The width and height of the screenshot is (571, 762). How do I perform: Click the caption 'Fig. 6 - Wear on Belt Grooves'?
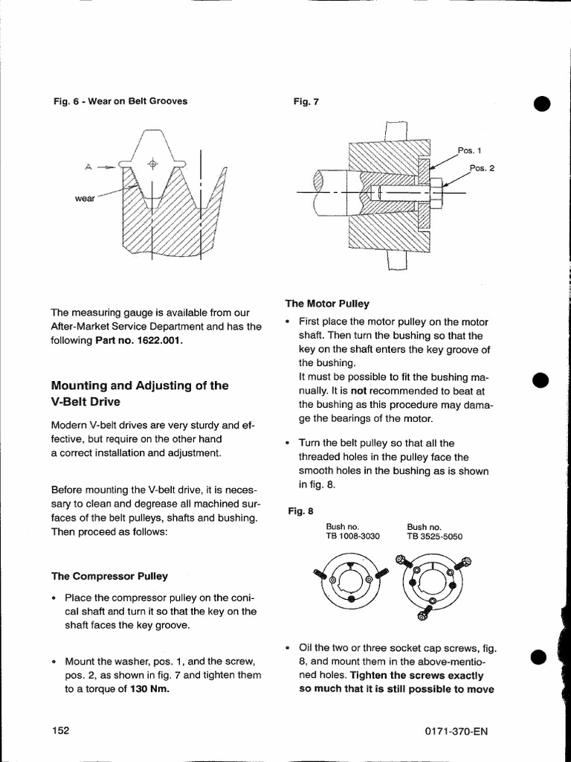[x=119, y=101]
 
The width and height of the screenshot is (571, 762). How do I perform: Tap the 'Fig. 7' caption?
[x=306, y=101]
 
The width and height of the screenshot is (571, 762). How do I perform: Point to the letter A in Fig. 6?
[x=88, y=167]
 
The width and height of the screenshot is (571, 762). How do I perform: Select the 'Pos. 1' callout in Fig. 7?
[x=471, y=150]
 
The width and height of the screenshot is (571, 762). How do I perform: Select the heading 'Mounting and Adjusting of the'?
[x=139, y=385]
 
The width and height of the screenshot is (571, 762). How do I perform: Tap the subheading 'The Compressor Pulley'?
[x=109, y=576]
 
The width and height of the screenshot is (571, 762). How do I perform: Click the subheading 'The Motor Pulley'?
[x=327, y=304]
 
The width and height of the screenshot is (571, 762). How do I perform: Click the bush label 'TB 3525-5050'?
[x=435, y=536]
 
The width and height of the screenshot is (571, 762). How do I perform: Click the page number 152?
[x=60, y=730]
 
